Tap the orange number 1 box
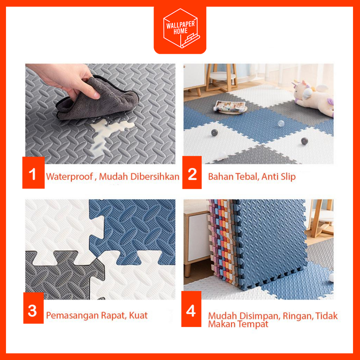[x=33, y=173]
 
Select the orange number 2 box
[x=192, y=173]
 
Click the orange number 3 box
[x=33, y=308]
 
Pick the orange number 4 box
[x=191, y=309]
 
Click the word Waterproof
[x=70, y=177]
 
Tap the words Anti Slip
[x=278, y=177]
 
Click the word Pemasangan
[x=72, y=316]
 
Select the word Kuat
[x=138, y=315]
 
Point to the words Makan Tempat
[x=238, y=324]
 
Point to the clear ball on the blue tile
[x=281, y=124]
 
